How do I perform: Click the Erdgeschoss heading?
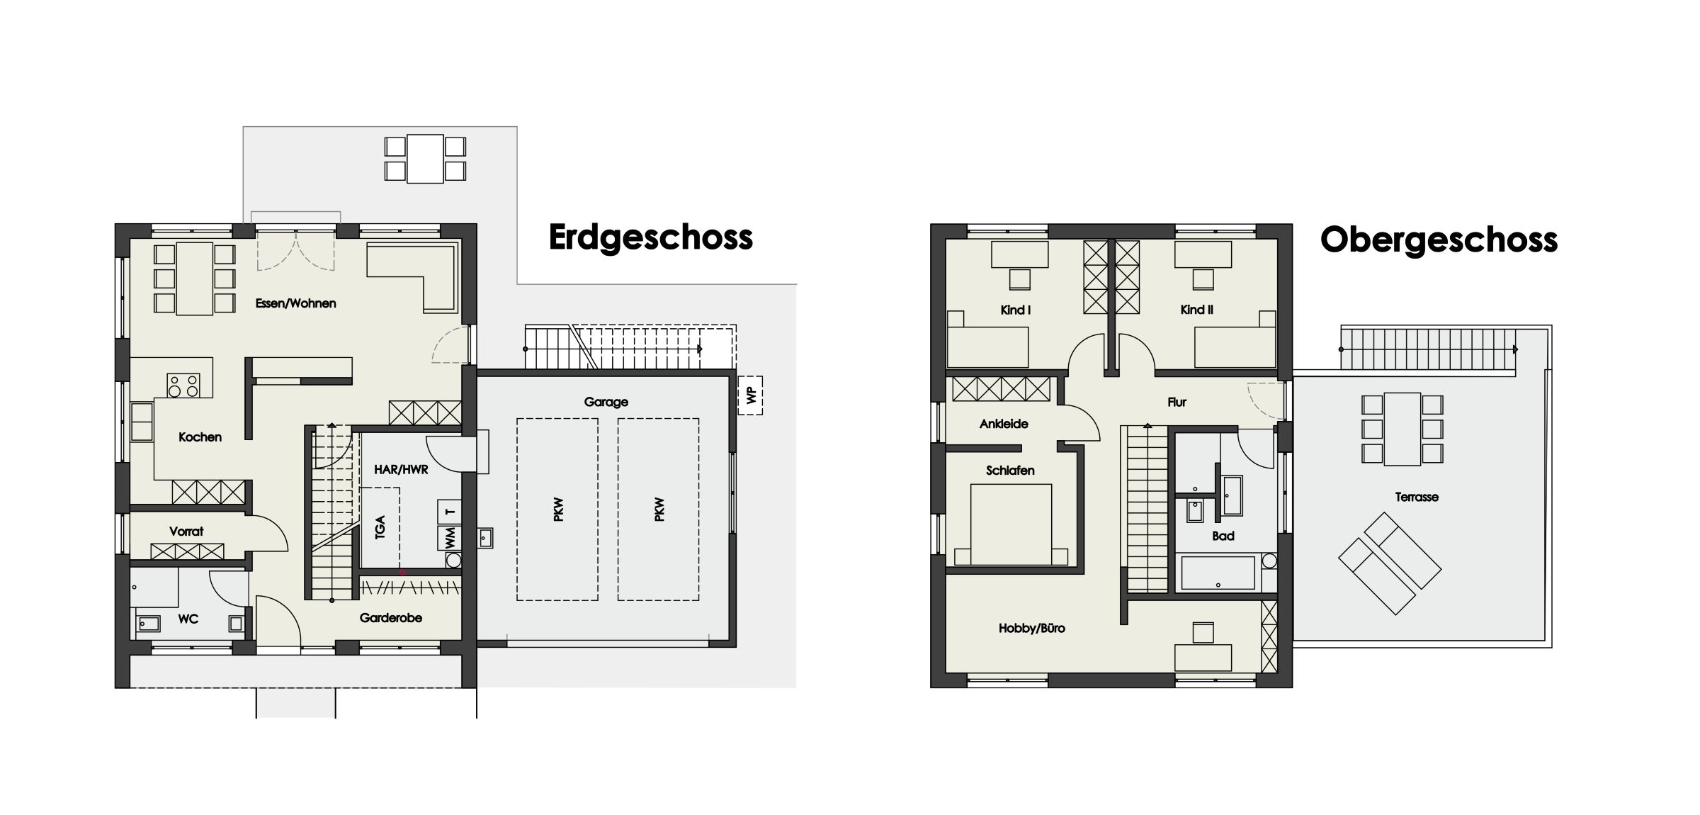click(650, 238)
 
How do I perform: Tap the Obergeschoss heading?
click(1439, 240)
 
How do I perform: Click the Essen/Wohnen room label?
click(295, 303)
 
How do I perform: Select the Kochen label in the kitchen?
click(200, 437)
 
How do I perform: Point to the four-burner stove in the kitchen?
click(183, 386)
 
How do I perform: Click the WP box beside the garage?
click(750, 395)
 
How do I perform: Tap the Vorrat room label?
click(186, 531)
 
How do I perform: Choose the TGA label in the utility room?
click(380, 528)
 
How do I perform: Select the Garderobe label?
click(390, 618)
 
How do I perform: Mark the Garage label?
click(606, 402)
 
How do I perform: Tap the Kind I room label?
click(1015, 310)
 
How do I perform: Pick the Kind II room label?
click(1196, 310)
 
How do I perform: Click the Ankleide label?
click(1004, 424)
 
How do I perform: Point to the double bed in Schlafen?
click(1011, 524)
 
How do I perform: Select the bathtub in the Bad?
click(1218, 573)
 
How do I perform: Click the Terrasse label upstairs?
click(1417, 497)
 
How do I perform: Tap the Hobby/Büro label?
click(1031, 628)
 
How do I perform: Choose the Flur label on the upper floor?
click(1177, 402)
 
